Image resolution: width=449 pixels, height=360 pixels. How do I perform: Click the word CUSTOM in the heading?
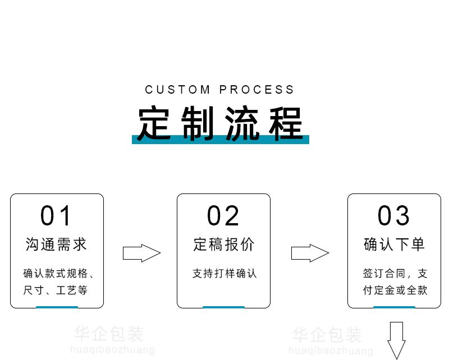[178, 90]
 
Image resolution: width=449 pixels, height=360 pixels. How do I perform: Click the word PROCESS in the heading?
[256, 90]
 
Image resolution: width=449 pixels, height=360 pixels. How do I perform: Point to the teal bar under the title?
[221, 140]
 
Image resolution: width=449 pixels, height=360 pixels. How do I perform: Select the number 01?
[57, 216]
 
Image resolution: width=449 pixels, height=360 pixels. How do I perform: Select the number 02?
[223, 216]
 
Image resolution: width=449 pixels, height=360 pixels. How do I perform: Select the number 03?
[394, 216]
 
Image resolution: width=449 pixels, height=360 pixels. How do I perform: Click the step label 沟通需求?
[57, 244]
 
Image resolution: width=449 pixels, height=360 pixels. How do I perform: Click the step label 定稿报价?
[223, 244]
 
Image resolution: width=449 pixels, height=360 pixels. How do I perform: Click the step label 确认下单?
[394, 244]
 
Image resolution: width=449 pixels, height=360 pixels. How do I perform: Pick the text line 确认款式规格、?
[59, 274]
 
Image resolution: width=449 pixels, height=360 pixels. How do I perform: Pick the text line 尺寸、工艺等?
[56, 290]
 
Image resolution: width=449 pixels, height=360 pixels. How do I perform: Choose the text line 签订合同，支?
[395, 274]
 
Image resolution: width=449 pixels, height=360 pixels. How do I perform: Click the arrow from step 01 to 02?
[141, 253]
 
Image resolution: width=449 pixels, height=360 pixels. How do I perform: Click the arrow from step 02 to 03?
[310, 253]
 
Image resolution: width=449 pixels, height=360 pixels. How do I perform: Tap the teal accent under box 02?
[223, 307]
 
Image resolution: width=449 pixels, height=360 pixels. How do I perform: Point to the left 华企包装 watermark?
[109, 334]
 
